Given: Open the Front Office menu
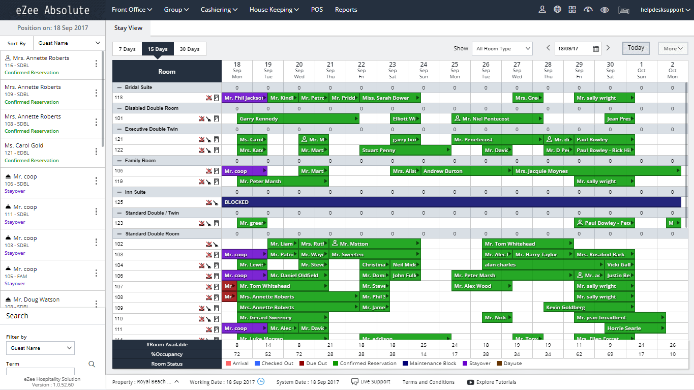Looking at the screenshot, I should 132,10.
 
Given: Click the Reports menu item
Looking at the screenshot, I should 346,10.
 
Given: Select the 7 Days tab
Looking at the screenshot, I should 127,49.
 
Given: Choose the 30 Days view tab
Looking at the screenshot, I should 190,49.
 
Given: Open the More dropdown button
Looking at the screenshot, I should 673,49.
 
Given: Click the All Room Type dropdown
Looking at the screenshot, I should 502,49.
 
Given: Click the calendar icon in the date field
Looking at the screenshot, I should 596,49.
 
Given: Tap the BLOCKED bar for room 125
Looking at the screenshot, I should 451,202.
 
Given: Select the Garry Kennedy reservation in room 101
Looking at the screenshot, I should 298,119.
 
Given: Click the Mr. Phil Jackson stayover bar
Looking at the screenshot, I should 244,98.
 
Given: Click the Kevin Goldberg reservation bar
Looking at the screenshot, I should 589,308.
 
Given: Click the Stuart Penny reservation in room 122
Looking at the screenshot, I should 405,151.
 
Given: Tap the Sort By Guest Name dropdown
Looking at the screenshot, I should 69,43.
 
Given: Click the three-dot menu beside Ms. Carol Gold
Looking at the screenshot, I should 96,152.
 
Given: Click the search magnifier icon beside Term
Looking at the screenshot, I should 92,364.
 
